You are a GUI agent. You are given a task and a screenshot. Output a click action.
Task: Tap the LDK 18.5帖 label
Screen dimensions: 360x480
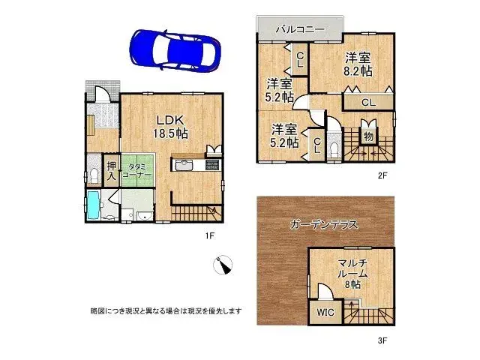pyautogui.click(x=172, y=126)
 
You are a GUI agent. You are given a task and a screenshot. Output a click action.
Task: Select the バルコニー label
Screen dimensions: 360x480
pyautogui.click(x=299, y=28)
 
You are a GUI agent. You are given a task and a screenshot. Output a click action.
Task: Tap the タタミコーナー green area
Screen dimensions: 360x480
pyautogui.click(x=138, y=170)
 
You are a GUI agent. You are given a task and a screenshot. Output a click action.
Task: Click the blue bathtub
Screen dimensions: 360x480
pyautogui.click(x=92, y=204)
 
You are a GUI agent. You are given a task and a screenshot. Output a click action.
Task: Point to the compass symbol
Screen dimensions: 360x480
pyautogui.click(x=224, y=265)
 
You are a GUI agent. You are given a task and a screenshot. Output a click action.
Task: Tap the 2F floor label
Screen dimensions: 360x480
pyautogui.click(x=381, y=175)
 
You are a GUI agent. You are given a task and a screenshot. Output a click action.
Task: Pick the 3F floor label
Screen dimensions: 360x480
pyautogui.click(x=381, y=341)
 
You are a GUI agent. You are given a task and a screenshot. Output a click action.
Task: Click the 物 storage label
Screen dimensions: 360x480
pyautogui.click(x=368, y=136)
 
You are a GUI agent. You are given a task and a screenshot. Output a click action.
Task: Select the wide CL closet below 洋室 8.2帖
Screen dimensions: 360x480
pyautogui.click(x=367, y=102)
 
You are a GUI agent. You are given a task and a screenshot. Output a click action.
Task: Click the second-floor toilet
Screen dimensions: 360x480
pyautogui.click(x=335, y=146)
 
